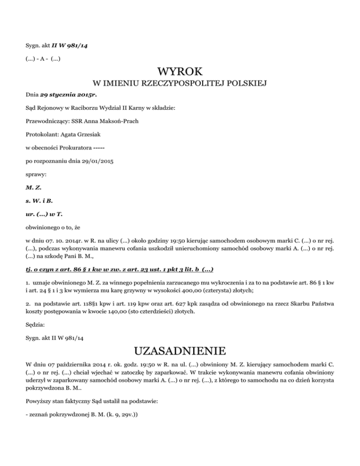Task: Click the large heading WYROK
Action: point(180,72)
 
